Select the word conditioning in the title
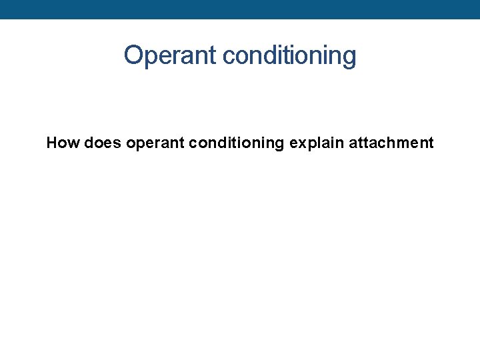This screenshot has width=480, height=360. [x=289, y=56]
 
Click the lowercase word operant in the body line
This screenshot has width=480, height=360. [x=152, y=143]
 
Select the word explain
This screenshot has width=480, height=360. [x=317, y=143]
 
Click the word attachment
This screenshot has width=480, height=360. [x=391, y=143]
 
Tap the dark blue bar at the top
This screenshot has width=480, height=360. [x=240, y=9]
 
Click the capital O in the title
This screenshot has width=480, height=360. [x=134, y=55]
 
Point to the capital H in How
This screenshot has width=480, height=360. [x=52, y=143]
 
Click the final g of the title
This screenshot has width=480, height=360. [x=349, y=57]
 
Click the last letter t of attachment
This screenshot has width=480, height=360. [x=431, y=143]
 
